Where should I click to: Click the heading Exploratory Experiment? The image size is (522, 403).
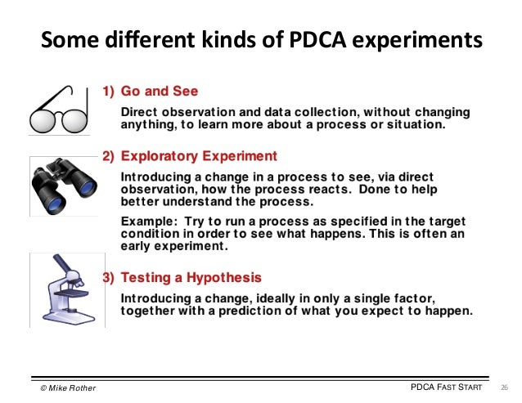click(x=199, y=155)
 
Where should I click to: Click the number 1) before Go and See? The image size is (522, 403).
click(x=108, y=91)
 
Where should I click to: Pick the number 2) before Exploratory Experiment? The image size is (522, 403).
click(x=108, y=155)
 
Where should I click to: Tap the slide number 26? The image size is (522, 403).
click(x=504, y=386)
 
